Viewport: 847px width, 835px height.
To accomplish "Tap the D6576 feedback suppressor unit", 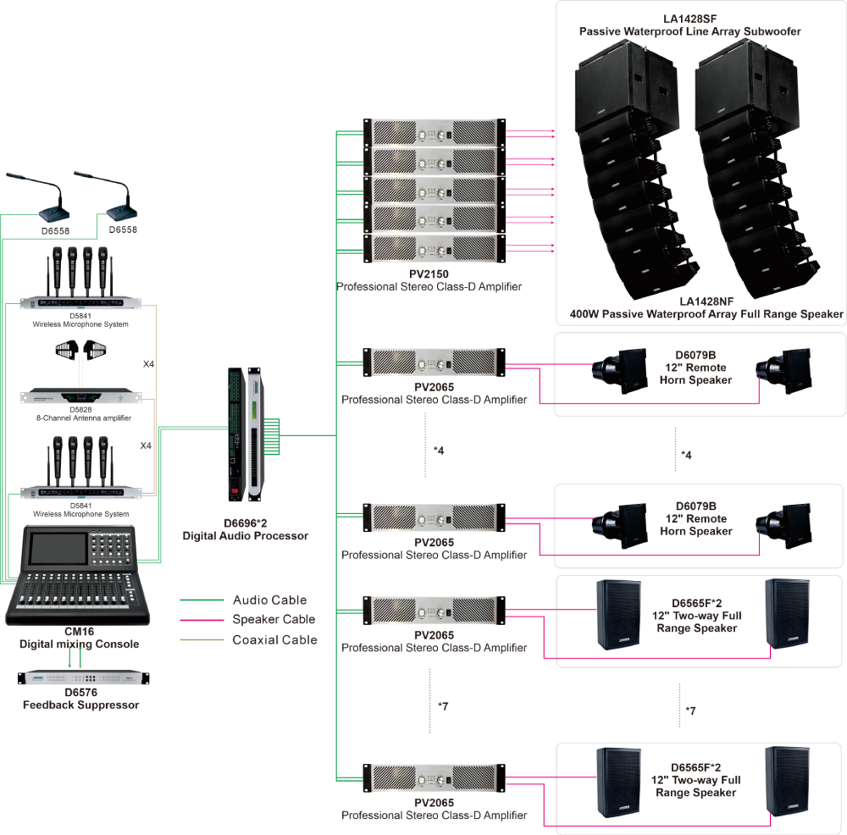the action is coord(83,677).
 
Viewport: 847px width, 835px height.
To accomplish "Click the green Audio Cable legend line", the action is coord(202,600).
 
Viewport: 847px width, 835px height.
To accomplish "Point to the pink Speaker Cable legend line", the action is coord(202,620).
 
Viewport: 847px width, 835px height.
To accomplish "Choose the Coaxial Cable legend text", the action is coord(275,640).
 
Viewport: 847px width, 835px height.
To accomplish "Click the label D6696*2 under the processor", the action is coord(246,523).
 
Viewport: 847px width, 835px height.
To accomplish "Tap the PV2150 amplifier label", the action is coord(429,274).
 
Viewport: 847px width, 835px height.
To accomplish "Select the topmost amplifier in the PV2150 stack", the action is coord(435,132).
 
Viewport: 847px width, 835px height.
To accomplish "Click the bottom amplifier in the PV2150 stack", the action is coord(435,249).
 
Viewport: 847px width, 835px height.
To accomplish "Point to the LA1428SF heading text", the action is coord(689,19).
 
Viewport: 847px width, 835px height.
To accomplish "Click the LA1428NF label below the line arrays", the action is coord(706,301).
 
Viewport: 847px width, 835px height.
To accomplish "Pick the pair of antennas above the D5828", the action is coord(81,350).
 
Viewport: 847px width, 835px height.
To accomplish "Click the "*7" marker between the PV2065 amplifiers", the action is coord(443,706).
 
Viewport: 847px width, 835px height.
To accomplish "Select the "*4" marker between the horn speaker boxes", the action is coord(686,455).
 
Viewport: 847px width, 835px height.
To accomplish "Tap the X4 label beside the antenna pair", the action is coord(148,364).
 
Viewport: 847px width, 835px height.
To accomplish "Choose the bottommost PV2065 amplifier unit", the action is coord(435,778).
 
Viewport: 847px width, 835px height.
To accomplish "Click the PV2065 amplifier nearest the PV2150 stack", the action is coord(435,362).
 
